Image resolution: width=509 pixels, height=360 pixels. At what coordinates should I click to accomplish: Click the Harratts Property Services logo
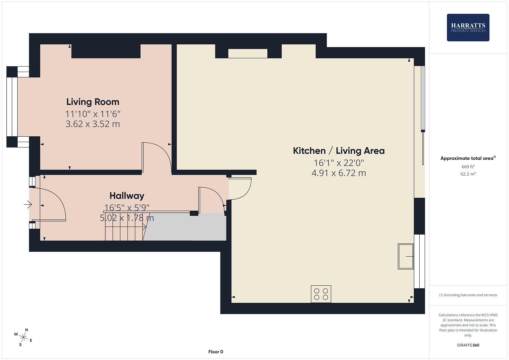[468, 27]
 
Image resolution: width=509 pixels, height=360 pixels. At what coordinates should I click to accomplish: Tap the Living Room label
[93, 102]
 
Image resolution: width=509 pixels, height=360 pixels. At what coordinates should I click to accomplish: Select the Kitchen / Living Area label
[339, 151]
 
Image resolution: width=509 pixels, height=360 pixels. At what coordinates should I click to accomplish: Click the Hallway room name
[127, 196]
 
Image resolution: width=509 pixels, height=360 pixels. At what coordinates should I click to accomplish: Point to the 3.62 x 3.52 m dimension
[93, 124]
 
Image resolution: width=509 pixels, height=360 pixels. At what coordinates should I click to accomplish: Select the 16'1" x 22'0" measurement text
[339, 163]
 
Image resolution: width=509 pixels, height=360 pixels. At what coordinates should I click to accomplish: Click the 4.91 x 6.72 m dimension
[339, 173]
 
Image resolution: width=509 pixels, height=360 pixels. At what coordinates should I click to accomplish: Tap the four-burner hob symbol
[321, 294]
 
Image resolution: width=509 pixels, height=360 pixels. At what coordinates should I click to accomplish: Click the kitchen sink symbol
[406, 256]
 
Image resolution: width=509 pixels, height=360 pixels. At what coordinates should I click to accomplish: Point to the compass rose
[23, 337]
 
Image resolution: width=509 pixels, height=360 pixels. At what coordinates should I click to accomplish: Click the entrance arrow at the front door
[28, 204]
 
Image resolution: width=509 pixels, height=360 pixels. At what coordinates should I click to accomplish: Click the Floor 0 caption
[216, 352]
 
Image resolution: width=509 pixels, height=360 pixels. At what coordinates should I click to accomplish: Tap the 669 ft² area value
[468, 167]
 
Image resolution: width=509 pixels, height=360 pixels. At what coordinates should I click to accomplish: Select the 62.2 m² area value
[468, 174]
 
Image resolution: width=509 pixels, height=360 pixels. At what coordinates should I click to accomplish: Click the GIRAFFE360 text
[468, 345]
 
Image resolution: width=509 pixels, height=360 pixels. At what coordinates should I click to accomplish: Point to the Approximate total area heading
[468, 158]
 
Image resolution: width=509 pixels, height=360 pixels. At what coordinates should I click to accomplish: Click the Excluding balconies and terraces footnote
[468, 295]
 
